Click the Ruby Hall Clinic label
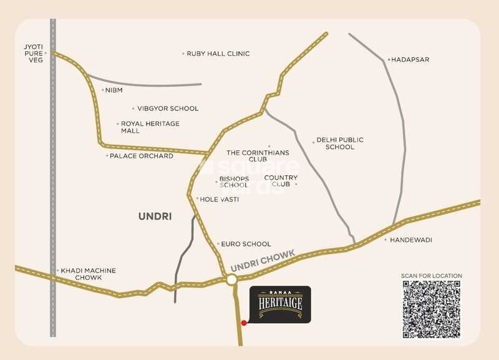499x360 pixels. pyautogui.click(x=218, y=54)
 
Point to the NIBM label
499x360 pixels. pyautogui.click(x=114, y=90)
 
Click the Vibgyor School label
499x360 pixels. pyautogui.click(x=168, y=109)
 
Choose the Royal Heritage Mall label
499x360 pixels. pyautogui.click(x=150, y=127)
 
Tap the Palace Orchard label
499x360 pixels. pyautogui.click(x=141, y=156)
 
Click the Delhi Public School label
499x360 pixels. pyautogui.click(x=340, y=144)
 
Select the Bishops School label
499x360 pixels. pyautogui.click(x=234, y=182)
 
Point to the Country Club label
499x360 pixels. pyautogui.click(x=281, y=181)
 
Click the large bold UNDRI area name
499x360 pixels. pyautogui.click(x=155, y=216)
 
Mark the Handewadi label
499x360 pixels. pyautogui.click(x=411, y=240)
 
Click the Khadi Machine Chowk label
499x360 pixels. pyautogui.click(x=88, y=274)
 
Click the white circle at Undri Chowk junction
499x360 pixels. pyautogui.click(x=231, y=281)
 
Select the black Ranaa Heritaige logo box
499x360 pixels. pyautogui.click(x=279, y=304)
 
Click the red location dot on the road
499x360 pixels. pyautogui.click(x=244, y=323)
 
